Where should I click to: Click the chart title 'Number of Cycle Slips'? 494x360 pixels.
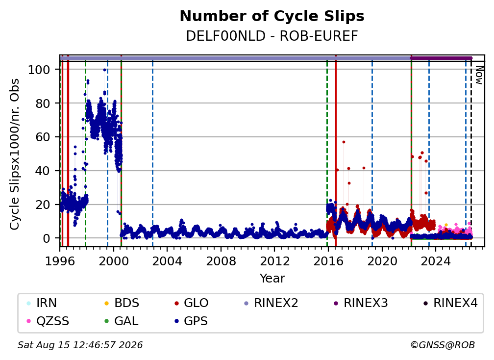tap(272, 16)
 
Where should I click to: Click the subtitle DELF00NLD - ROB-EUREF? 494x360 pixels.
tap(272, 36)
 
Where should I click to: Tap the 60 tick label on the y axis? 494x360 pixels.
tap(43, 137)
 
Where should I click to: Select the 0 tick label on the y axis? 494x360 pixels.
tap(47, 238)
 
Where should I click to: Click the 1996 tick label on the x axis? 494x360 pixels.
tap(60, 261)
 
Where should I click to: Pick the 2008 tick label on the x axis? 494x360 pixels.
tap(221, 261)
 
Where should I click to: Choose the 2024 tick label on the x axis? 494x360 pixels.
tap(435, 261)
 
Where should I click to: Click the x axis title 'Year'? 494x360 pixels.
tap(272, 279)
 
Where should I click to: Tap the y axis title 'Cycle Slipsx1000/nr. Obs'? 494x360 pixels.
tap(15, 154)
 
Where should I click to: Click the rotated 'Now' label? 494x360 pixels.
tap(479, 76)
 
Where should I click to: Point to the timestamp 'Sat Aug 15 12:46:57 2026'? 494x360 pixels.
tap(80, 345)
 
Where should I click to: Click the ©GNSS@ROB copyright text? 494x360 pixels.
tap(443, 345)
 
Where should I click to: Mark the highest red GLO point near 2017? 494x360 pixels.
tap(344, 142)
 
